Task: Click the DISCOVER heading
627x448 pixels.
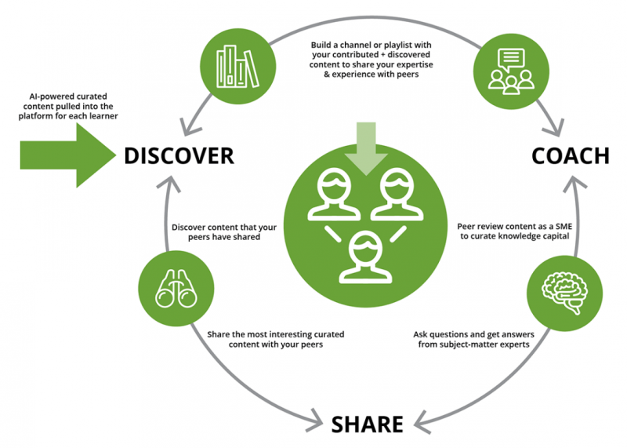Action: point(179,155)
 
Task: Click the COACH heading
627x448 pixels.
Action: point(570,155)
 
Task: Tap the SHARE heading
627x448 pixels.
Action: point(367,424)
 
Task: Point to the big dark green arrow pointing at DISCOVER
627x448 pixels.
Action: point(66,148)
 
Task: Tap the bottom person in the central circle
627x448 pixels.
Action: point(361,255)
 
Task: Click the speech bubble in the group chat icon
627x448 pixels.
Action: point(510,56)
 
